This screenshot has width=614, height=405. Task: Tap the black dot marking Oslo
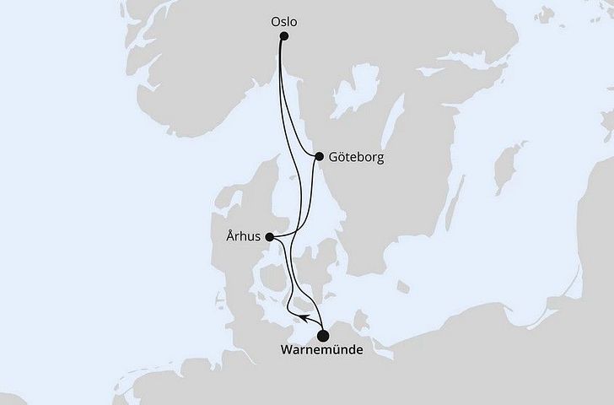(x=284, y=36)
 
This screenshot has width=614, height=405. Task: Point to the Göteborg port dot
(x=319, y=156)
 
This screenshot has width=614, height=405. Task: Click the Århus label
(x=243, y=238)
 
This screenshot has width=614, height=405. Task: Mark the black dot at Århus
(x=270, y=238)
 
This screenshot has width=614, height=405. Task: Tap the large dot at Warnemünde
(x=324, y=334)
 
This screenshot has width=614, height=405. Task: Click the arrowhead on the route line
(x=300, y=316)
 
